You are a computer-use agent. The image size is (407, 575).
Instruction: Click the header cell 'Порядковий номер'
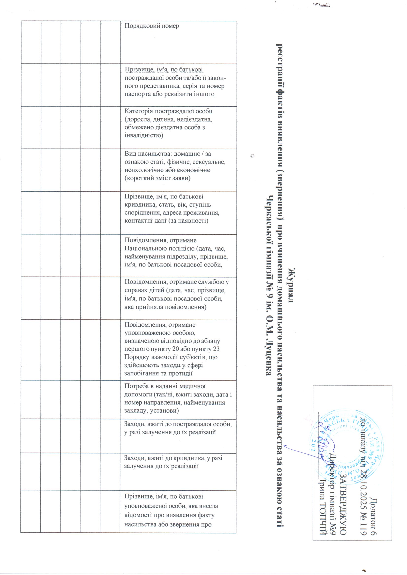(x=152, y=26)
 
